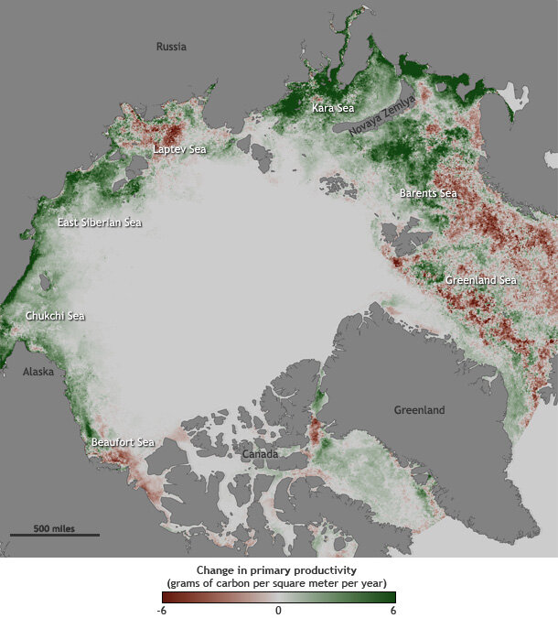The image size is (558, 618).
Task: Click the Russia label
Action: tap(171, 47)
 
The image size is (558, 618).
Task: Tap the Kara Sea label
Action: tap(333, 108)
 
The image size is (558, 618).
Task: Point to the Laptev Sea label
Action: tap(179, 148)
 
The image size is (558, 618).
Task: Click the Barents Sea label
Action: tap(428, 193)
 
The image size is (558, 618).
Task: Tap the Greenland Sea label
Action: tap(481, 280)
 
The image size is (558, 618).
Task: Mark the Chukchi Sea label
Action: tap(55, 316)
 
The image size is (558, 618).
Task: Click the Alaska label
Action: tap(38, 372)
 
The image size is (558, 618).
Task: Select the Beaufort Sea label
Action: tap(123, 442)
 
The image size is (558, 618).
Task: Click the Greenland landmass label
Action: tap(419, 410)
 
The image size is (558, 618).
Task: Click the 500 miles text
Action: tap(55, 528)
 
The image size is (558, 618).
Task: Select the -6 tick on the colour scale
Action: tap(162, 610)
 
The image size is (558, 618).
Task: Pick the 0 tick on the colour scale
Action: tap(278, 610)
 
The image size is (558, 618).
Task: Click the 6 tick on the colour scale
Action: tap(393, 610)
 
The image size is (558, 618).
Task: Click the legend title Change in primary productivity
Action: tap(278, 569)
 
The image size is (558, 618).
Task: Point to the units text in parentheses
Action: tap(278, 582)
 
